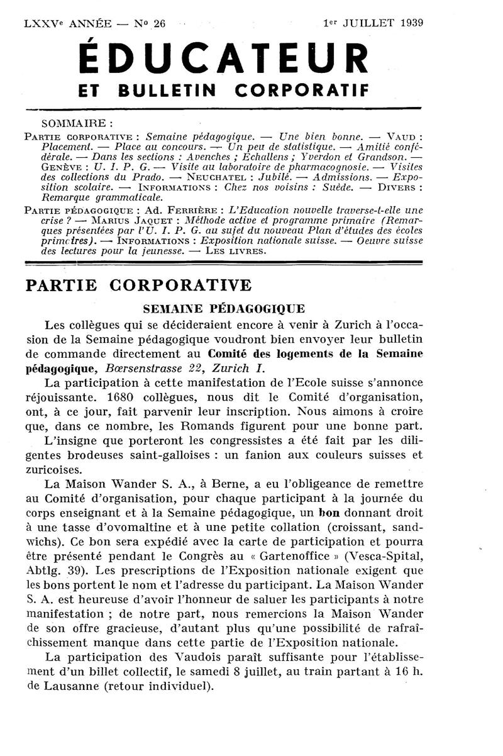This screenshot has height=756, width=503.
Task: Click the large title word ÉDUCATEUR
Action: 223,60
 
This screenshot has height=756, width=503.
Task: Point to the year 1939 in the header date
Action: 409,24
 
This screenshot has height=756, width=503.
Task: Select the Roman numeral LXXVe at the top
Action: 42,24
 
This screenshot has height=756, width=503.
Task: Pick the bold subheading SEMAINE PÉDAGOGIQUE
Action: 224,309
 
